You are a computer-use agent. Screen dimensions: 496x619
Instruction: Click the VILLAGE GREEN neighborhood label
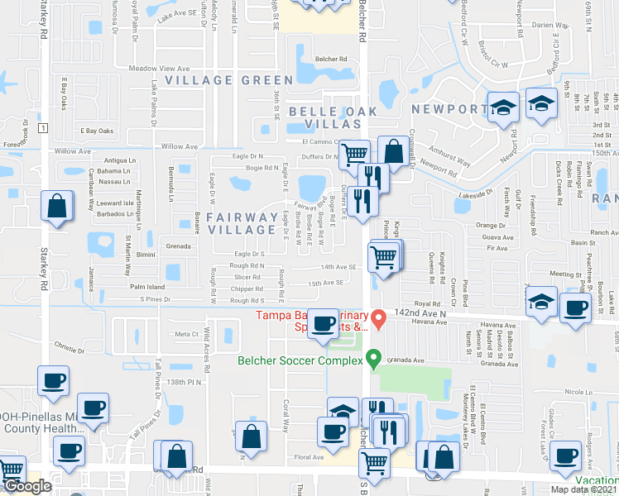click(x=228, y=80)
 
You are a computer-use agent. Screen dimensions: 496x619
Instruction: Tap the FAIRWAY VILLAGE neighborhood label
click(x=242, y=224)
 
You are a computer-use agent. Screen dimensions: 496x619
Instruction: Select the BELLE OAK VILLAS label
click(x=323, y=117)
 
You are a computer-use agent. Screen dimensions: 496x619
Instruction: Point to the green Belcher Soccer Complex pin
click(x=373, y=360)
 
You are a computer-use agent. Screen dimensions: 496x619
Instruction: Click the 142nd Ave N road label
click(x=425, y=315)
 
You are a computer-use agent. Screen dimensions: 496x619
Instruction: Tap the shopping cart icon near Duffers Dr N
click(x=354, y=154)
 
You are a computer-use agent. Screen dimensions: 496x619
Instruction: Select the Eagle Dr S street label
click(x=248, y=254)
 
